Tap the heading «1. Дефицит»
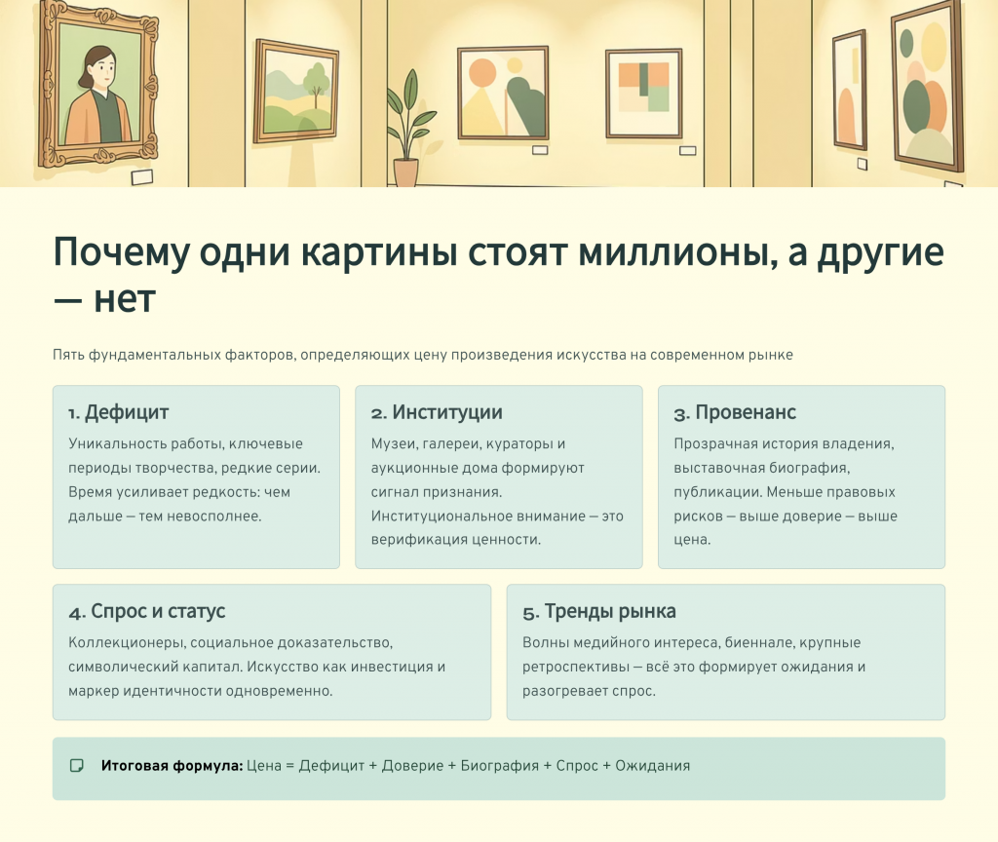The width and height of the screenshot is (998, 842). point(118,412)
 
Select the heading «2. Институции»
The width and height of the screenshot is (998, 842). point(437,412)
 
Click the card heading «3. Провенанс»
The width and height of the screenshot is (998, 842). point(735,412)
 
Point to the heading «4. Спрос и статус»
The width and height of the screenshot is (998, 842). point(147,612)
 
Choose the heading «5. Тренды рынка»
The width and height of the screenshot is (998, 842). point(599,612)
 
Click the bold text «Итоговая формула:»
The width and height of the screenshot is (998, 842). point(172,766)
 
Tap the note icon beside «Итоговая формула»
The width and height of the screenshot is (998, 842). point(76,766)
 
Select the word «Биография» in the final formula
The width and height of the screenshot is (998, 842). point(500,766)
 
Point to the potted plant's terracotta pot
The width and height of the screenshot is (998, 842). point(405,172)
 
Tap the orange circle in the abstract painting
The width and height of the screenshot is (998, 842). point(481,74)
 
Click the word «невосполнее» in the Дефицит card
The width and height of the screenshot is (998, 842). point(214,517)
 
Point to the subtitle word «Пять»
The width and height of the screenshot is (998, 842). point(68,355)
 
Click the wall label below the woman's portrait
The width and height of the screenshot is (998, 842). point(142,177)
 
